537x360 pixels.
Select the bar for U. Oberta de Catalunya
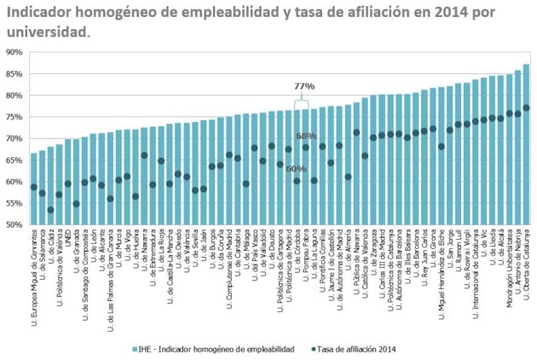(x=526, y=145)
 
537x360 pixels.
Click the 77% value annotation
(x=304, y=86)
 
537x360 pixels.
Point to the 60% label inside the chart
(x=296, y=169)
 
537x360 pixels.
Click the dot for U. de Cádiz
(x=50, y=210)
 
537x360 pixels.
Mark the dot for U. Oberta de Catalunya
(x=526, y=107)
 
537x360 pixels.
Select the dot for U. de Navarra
(x=144, y=155)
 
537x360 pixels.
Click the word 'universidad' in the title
(x=44, y=32)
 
